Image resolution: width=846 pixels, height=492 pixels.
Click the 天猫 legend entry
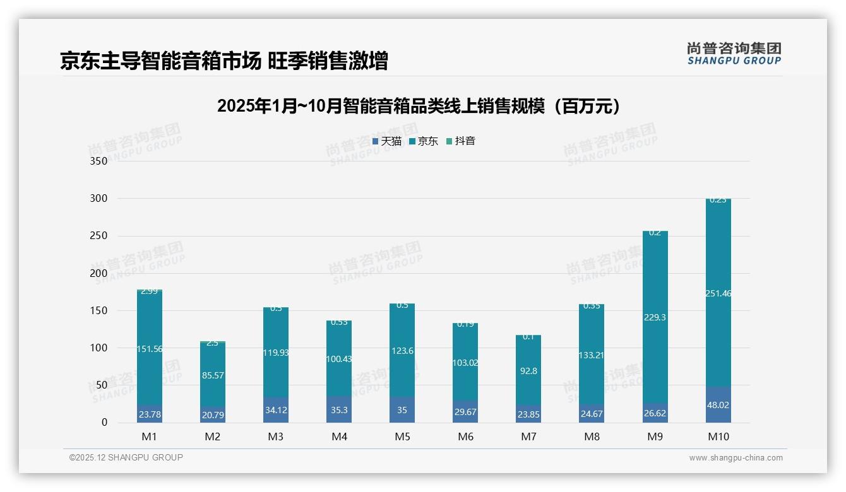pos(387,141)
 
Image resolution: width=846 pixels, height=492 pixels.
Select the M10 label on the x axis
pos(718,436)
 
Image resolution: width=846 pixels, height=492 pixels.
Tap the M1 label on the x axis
pos(150,436)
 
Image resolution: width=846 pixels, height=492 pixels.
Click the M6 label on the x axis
pos(465,436)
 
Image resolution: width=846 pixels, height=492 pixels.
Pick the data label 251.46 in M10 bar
pos(718,293)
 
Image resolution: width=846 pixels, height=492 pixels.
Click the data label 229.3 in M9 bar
pos(655,317)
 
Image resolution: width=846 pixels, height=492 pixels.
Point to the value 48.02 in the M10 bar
pos(718,405)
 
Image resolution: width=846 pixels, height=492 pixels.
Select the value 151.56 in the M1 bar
pos(150,349)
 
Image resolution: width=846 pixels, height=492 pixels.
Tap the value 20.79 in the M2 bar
pos(213,415)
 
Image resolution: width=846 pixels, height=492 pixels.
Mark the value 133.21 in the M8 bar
pos(592,355)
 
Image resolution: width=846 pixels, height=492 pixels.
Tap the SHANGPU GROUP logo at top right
pos(734,53)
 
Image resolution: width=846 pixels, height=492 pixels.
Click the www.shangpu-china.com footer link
pos(736,458)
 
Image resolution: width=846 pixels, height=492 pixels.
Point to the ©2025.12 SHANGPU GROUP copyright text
pos(126,457)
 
